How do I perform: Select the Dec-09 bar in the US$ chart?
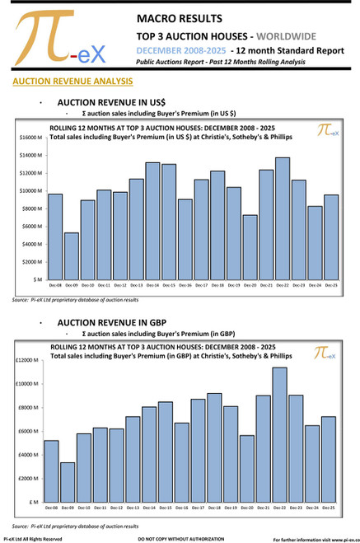[x=72, y=256]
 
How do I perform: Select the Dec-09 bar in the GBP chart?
[x=68, y=482]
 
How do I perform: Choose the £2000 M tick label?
[x=27, y=478]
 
